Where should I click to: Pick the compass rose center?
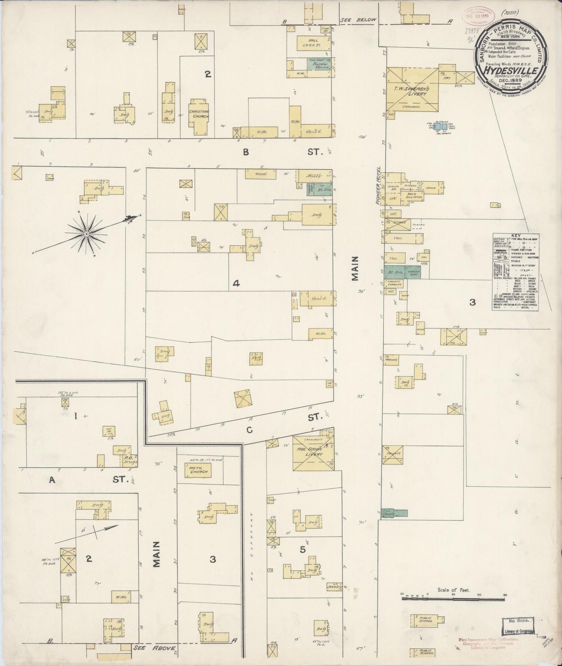coord(86,233)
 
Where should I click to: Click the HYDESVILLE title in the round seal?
coord(511,71)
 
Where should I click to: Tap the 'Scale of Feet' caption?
coord(453,590)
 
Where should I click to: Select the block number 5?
coord(303,549)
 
